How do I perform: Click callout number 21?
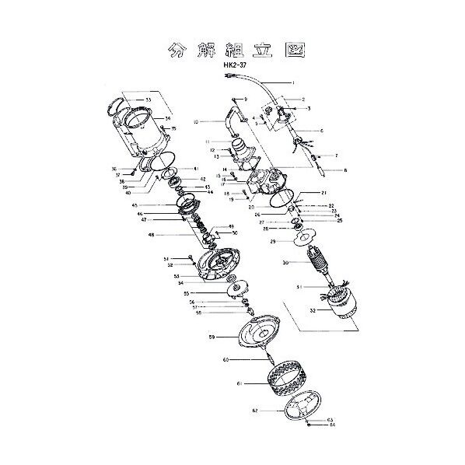[323, 192]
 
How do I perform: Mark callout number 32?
[291, 309]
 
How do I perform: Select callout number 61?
[240, 383]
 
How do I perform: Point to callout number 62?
[253, 408]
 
